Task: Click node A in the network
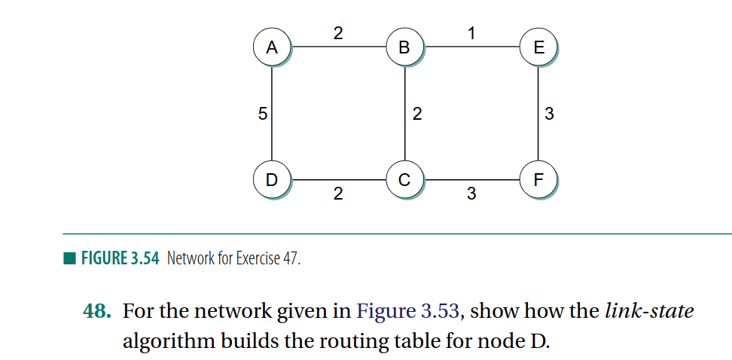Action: pyautogui.click(x=271, y=47)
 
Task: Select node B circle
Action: pyautogui.click(x=404, y=47)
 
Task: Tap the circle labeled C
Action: pyautogui.click(x=404, y=180)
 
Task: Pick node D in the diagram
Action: pyautogui.click(x=271, y=180)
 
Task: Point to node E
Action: pyautogui.click(x=538, y=47)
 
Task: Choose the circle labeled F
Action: pyautogui.click(x=538, y=180)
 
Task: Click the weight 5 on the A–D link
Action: pyautogui.click(x=261, y=114)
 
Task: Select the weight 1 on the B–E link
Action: pyautogui.click(x=471, y=32)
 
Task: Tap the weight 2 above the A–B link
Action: pyautogui.click(x=337, y=32)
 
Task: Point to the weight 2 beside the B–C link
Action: pyautogui.click(x=416, y=114)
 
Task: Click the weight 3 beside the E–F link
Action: pyautogui.click(x=549, y=114)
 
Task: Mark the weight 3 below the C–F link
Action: pyautogui.click(x=471, y=194)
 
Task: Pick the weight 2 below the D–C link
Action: pyautogui.click(x=337, y=194)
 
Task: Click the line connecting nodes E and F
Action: pyautogui.click(x=538, y=98)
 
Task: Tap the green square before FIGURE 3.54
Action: pyautogui.click(x=69, y=259)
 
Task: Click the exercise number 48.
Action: pyautogui.click(x=97, y=311)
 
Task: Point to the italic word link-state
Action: pyautogui.click(x=648, y=311)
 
